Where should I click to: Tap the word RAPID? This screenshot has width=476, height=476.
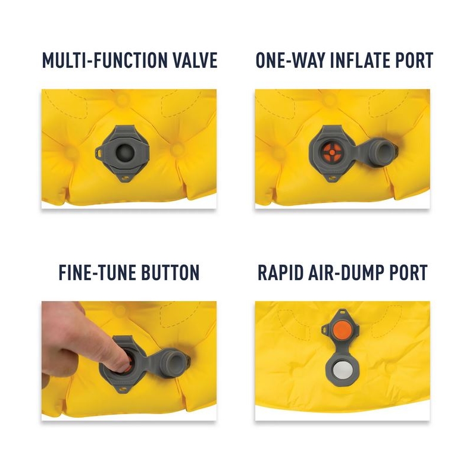click(x=280, y=273)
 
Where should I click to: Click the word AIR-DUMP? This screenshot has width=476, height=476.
click(x=345, y=273)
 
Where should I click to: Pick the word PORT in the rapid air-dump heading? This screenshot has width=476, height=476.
click(x=406, y=273)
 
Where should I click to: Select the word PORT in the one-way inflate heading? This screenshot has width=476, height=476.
click(x=414, y=60)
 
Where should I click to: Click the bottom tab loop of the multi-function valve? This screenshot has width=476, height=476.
click(x=124, y=178)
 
